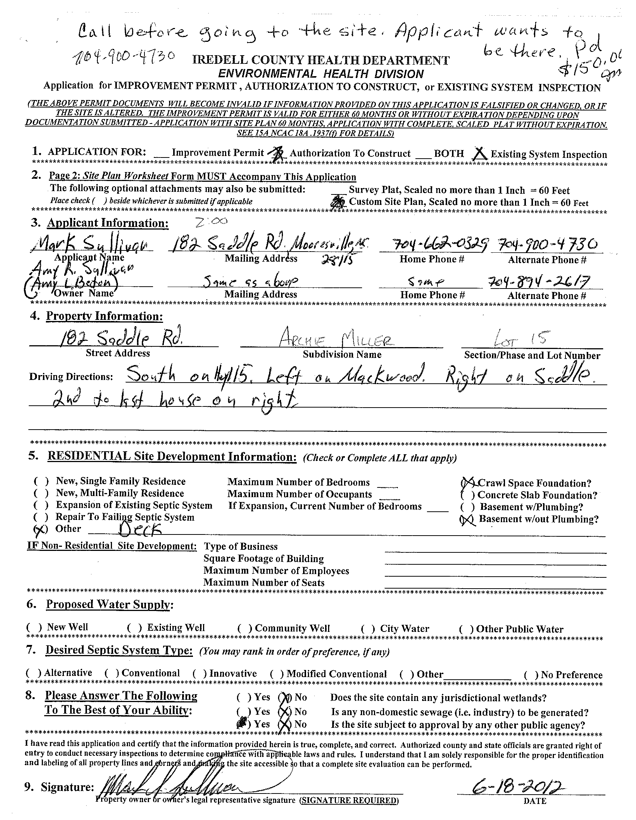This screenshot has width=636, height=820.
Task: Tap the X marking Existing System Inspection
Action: coord(481,153)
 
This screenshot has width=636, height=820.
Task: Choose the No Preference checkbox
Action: coord(530,675)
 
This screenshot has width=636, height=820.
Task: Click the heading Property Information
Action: coord(105,316)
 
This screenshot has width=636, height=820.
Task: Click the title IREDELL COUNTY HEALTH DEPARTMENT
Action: coord(321,60)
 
